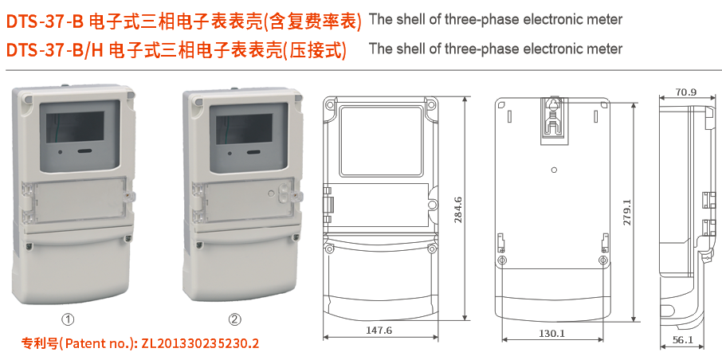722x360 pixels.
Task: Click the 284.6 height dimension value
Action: pos(457,209)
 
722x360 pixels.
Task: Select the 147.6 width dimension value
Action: pos(379,330)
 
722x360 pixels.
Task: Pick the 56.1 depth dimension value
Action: pos(683,339)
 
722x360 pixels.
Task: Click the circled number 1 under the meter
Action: pos(69,319)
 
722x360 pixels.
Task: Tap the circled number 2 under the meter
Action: pos(235,319)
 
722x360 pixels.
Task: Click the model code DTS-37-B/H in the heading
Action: pos(53,50)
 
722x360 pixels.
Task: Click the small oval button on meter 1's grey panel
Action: pos(82,149)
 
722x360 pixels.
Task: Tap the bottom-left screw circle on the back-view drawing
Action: pos(502,260)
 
